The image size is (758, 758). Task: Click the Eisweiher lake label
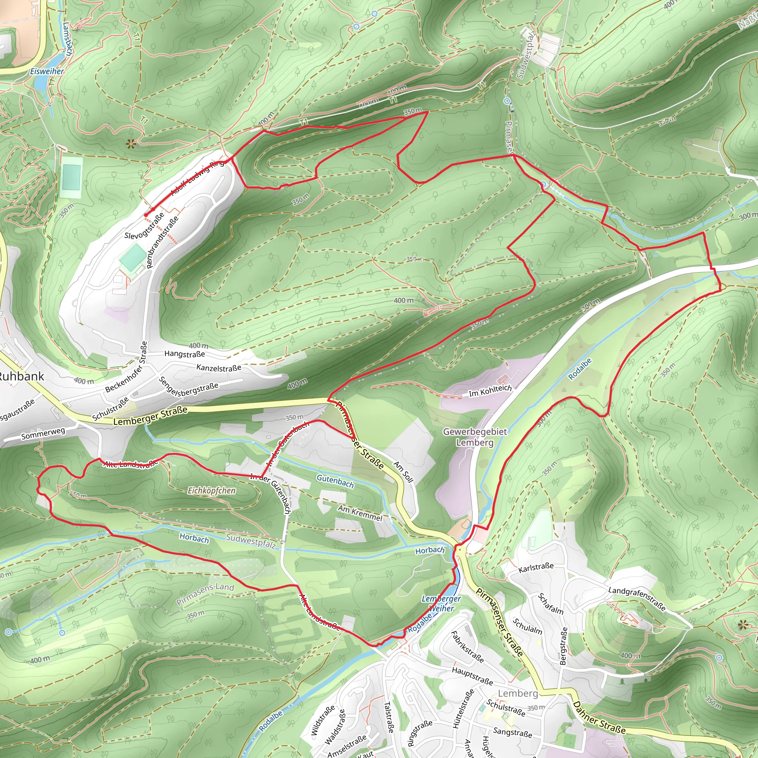click(x=47, y=71)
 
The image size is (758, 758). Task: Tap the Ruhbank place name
click(x=21, y=377)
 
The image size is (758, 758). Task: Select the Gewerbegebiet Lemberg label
click(x=475, y=437)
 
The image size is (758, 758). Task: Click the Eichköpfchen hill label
click(x=211, y=490)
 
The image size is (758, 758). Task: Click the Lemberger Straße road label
click(x=150, y=416)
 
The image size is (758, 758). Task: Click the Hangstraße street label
click(x=184, y=354)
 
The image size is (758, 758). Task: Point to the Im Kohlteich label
click(x=490, y=391)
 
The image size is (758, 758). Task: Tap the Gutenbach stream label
click(x=335, y=481)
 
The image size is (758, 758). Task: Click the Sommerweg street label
click(x=43, y=433)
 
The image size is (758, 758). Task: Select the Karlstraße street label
click(x=536, y=567)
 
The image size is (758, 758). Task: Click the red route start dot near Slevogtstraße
click(x=145, y=215)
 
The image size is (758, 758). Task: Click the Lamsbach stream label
click(x=67, y=38)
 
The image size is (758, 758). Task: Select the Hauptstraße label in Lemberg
click(x=472, y=676)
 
